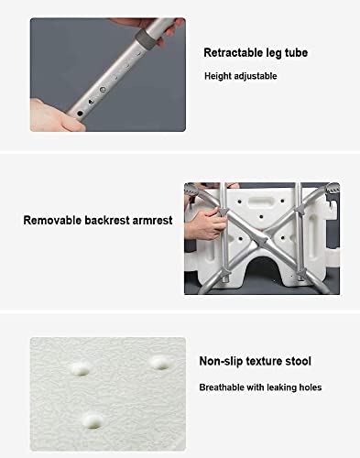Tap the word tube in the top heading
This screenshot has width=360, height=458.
coord(296,52)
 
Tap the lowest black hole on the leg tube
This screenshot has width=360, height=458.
coord(80,114)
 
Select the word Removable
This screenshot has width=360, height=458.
coord(52,220)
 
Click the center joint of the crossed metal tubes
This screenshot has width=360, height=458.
coord(262,238)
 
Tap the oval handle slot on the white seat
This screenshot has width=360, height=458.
coord(261,202)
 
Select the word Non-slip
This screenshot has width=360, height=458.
coord(221,361)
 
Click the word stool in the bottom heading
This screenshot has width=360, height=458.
coord(298,361)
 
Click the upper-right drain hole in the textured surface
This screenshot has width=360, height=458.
coord(160,363)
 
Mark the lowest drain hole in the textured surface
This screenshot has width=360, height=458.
coord(93,420)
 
